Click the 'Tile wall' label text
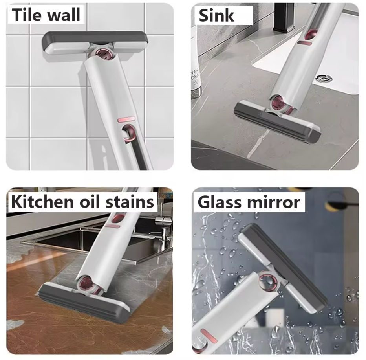click(46, 15)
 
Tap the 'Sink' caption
click(216, 15)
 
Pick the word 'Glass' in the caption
click(220, 202)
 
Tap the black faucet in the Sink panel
click(284, 18)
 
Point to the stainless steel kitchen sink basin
click(79, 240)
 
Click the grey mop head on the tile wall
click(95, 38)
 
